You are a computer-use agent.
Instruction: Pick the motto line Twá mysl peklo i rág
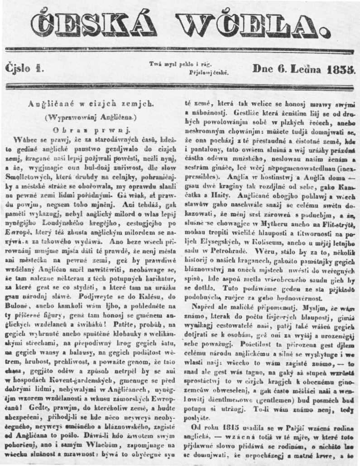(x=180, y=65)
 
